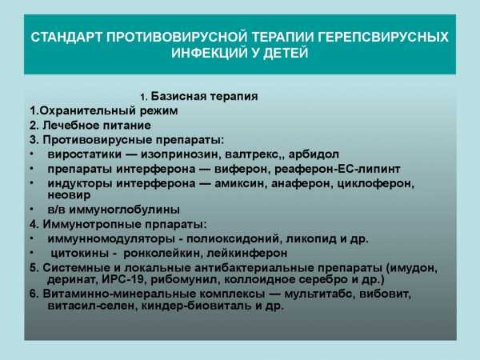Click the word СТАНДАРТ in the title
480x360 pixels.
point(66,37)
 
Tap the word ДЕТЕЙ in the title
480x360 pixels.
point(286,53)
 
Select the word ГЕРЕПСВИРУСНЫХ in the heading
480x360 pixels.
point(382,37)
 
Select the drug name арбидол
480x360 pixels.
point(314,154)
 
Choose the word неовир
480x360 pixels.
point(69,195)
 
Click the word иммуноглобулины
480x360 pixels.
point(124,210)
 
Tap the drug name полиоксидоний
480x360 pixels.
point(233,238)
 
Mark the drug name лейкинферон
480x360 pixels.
point(247,253)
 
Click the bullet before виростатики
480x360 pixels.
point(31,154)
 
